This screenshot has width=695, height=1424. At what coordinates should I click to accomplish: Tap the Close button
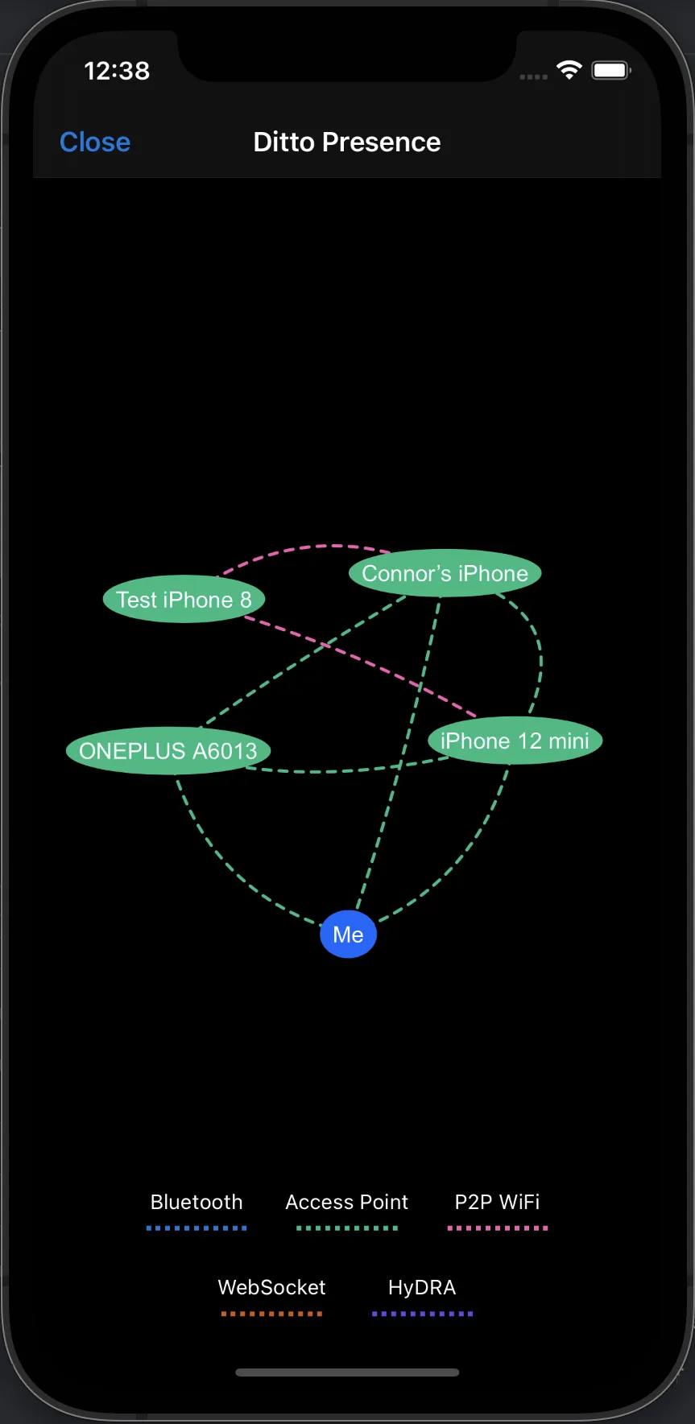95,142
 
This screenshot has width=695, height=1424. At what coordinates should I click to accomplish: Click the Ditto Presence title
347,142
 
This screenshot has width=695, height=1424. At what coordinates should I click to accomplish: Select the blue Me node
348,935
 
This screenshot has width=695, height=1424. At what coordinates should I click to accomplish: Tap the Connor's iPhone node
445,573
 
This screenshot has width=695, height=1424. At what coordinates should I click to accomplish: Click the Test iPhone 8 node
184,599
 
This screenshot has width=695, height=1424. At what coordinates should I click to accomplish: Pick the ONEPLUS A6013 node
168,751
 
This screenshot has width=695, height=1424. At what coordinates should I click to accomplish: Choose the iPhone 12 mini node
515,741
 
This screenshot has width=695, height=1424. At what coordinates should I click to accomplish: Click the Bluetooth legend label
197,1202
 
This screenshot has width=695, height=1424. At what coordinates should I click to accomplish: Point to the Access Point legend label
347,1202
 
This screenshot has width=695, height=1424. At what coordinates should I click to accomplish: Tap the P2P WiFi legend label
498,1202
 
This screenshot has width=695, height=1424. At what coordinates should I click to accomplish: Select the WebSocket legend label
271,1287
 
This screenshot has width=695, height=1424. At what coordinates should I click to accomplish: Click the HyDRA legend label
422,1287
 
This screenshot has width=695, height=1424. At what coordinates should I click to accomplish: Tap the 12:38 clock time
117,71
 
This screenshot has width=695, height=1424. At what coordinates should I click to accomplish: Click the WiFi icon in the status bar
569,70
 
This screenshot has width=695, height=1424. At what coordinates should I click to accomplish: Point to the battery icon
611,70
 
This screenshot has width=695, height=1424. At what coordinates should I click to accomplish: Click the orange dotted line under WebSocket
271,1314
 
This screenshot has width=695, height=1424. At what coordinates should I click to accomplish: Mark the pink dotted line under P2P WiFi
498,1228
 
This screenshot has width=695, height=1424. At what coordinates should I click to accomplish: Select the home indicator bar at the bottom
347,1372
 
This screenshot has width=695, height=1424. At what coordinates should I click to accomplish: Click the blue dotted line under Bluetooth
197,1228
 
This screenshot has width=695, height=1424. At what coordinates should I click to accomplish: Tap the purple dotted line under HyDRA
422,1314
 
